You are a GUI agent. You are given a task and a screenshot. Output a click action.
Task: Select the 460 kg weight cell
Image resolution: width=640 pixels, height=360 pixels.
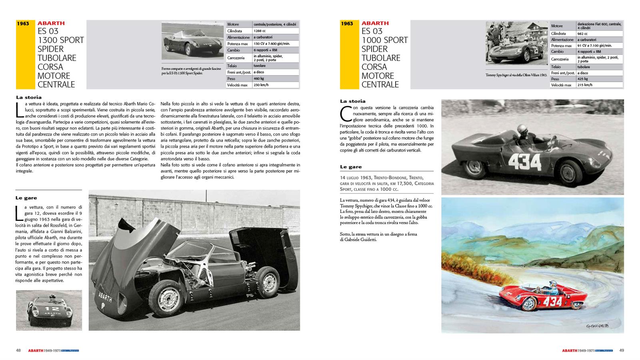pos(259,78)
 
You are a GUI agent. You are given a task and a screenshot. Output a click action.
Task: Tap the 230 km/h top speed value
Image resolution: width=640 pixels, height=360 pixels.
pos(261,85)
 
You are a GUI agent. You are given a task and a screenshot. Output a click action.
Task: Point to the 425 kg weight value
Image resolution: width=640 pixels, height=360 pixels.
pos(583,79)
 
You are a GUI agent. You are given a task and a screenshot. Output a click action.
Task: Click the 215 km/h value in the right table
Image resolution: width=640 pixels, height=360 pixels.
pos(585,85)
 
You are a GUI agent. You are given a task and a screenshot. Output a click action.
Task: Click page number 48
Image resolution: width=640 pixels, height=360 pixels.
pos(18,350)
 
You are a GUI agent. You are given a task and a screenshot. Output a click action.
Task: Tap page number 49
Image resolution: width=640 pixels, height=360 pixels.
pos(621,350)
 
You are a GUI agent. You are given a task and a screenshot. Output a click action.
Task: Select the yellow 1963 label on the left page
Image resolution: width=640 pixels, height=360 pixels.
pos(23,24)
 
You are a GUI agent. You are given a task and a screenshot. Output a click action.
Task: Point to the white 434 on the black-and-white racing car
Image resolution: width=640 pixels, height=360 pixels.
pos(525,162)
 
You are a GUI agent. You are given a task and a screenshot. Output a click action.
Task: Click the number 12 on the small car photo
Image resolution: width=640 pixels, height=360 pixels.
pos(52,309)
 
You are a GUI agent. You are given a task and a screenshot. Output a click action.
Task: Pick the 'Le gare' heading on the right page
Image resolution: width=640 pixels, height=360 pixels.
pos(351,167)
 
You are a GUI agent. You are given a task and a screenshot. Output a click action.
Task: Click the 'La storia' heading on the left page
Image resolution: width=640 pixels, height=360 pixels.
pos(29,97)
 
